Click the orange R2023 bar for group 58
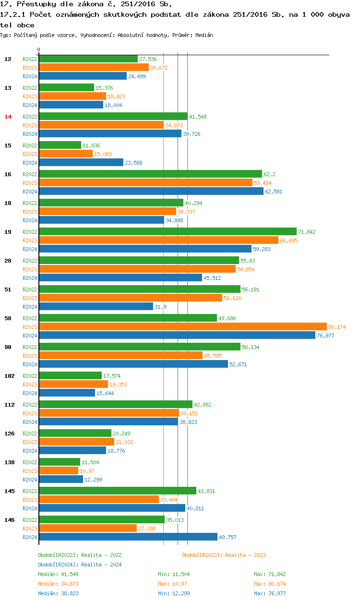click(182, 326)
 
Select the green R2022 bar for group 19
click(168, 231)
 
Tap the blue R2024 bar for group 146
click(128, 537)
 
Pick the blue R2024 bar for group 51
click(96, 306)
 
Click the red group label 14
click(8, 117)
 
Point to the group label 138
click(9, 462)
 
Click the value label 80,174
click(337, 327)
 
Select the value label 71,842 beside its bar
click(307, 232)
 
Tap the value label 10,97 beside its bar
click(87, 471)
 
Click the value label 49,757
click(228, 537)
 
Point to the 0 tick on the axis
click(39, 49)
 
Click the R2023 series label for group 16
click(30, 183)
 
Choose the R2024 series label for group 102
click(30, 393)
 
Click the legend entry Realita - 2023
click(224, 555)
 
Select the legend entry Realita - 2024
click(80, 565)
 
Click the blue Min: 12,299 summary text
click(178, 593)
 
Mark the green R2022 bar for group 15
click(60, 145)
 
